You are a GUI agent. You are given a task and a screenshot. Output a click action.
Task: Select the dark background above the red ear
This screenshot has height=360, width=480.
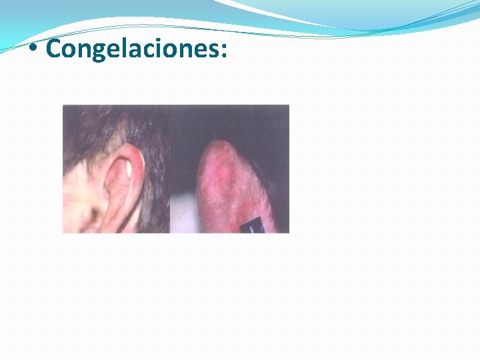tap(227, 120)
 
